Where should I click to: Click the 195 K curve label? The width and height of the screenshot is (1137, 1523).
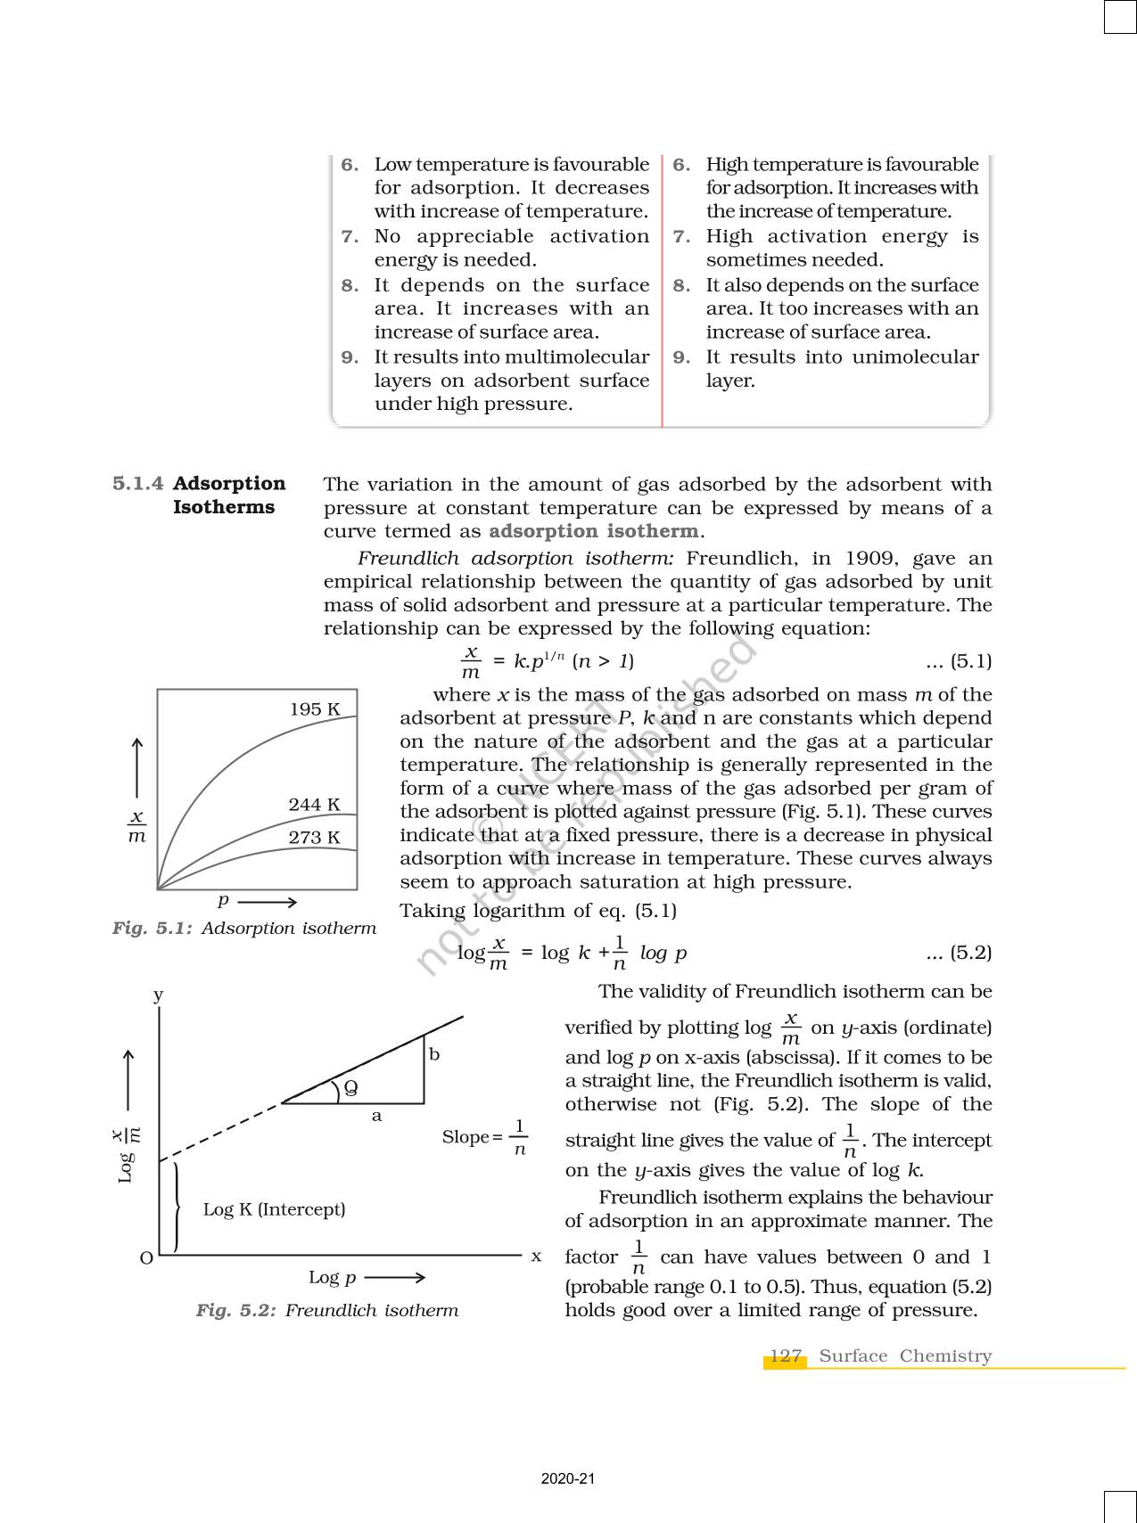tap(315, 709)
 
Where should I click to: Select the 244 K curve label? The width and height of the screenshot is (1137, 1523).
tap(314, 805)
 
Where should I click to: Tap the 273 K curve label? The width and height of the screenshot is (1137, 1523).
tap(314, 838)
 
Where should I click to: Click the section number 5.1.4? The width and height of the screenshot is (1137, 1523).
tap(138, 483)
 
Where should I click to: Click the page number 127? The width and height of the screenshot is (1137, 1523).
tap(785, 1355)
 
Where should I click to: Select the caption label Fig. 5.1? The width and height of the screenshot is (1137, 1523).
tap(152, 928)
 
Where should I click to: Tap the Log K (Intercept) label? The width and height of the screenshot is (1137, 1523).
tap(274, 1209)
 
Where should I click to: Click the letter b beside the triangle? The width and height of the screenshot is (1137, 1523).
tap(434, 1054)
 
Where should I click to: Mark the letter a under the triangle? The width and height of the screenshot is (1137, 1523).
tap(376, 1116)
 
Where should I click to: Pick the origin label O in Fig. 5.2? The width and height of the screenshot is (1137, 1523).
tap(146, 1258)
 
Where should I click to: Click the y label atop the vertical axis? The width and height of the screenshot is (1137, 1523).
tap(158, 995)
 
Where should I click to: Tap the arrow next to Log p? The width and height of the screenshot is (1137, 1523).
tap(395, 1277)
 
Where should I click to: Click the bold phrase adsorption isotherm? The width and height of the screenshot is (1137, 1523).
tap(593, 531)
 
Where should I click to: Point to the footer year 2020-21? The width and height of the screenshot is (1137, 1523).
tap(567, 1478)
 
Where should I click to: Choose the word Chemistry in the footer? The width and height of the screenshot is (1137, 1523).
tap(945, 1355)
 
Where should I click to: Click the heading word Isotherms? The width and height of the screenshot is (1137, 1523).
tap(224, 507)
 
